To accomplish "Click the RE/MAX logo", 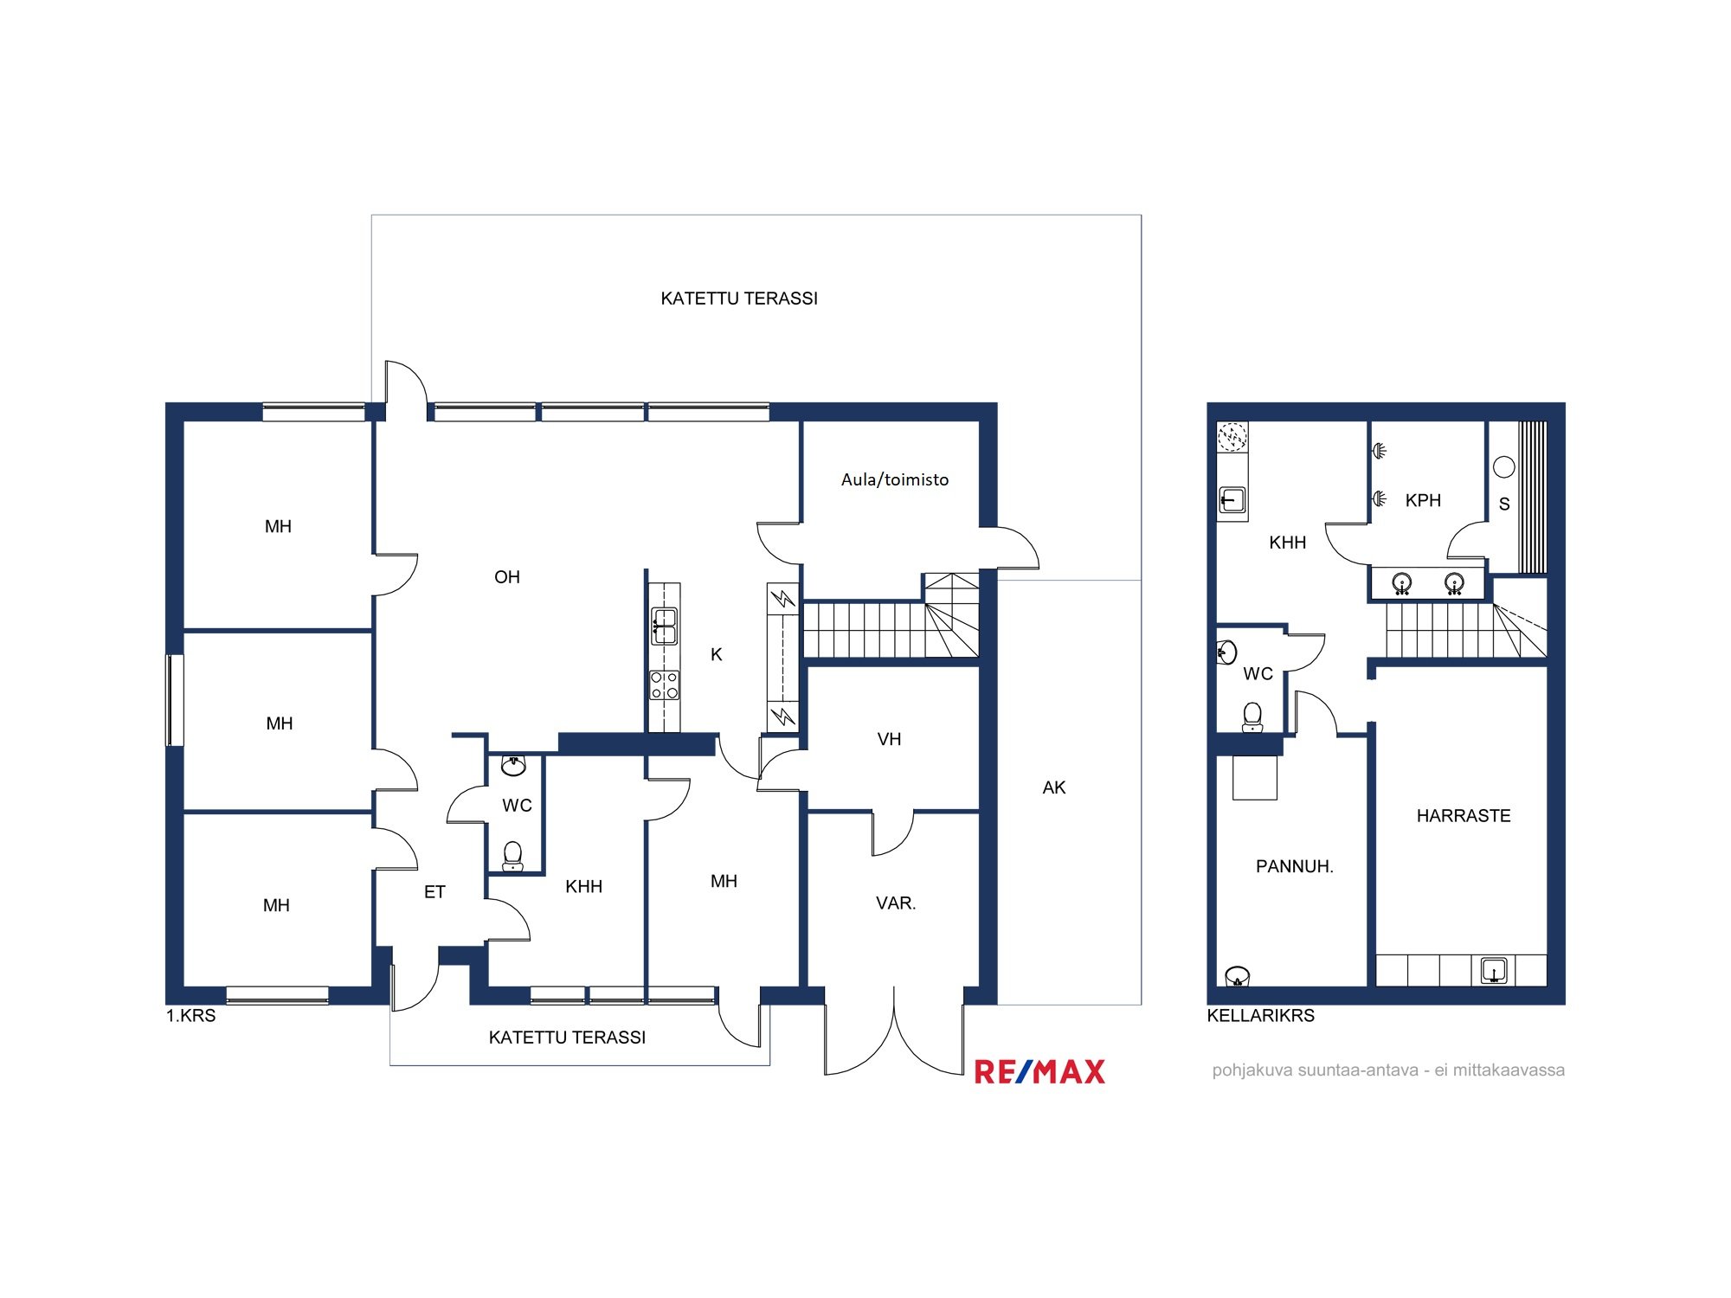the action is click(1039, 1072).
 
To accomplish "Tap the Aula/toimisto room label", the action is click(895, 479).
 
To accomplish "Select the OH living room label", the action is click(507, 577).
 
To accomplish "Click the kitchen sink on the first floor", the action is click(665, 626).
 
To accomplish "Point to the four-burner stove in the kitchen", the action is click(665, 685).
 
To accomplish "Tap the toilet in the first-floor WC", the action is click(513, 856).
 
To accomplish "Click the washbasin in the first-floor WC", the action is click(514, 765).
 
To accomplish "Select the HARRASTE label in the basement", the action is click(1464, 816).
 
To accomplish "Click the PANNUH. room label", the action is click(1295, 866).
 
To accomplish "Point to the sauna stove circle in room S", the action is click(1504, 467).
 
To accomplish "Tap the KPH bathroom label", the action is click(1423, 500).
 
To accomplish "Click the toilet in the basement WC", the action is click(1252, 717).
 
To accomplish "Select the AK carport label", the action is click(1054, 787).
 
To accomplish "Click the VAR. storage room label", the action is click(896, 903).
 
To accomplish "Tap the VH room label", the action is click(890, 739).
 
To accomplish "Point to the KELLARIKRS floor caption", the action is click(1261, 1016).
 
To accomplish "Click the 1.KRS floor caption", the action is click(191, 1016).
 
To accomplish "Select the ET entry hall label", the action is click(434, 892).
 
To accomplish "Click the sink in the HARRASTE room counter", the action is click(1494, 970).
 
